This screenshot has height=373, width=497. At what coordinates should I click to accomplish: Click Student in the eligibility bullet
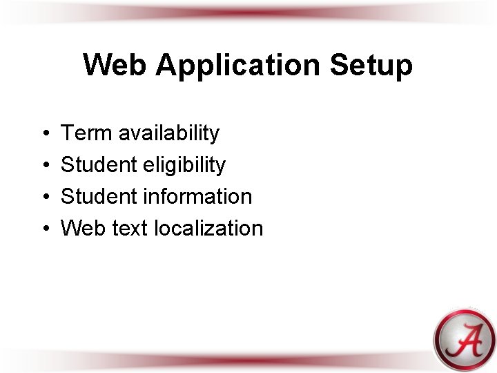click(x=99, y=164)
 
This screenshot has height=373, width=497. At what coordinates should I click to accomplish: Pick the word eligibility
click(x=184, y=165)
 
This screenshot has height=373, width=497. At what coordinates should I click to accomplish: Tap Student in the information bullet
click(x=99, y=196)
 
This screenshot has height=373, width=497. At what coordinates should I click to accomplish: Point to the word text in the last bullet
click(x=128, y=228)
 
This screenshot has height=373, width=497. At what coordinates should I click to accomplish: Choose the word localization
click(x=208, y=228)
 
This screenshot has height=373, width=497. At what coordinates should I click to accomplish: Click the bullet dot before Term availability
click(x=43, y=133)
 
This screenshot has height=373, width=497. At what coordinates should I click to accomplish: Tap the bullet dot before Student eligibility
click(x=43, y=165)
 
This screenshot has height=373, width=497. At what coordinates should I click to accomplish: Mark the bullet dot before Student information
click(x=43, y=197)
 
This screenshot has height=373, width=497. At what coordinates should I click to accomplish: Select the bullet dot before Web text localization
click(x=43, y=229)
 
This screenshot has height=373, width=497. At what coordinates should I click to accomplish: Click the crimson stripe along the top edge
click(x=248, y=12)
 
